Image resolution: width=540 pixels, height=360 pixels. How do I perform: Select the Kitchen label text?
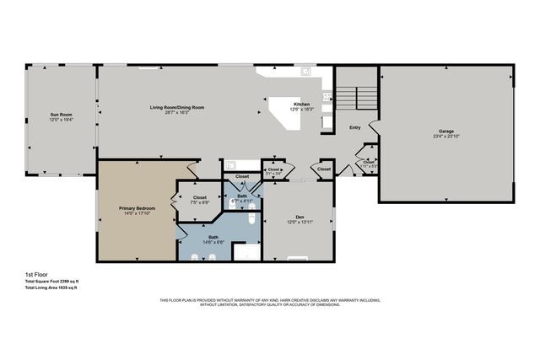(301, 104)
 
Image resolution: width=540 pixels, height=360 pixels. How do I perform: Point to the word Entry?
(355, 127)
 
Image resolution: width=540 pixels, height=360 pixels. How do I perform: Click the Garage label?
(445, 131)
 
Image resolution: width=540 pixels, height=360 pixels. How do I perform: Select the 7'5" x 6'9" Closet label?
(200, 197)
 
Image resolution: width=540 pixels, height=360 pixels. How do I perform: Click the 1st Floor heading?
(37, 275)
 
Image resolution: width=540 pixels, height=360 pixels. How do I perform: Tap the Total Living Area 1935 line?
(51, 288)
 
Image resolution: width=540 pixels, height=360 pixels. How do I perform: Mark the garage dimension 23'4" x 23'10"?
(445, 137)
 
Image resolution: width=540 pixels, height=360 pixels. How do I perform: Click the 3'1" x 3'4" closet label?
(274, 171)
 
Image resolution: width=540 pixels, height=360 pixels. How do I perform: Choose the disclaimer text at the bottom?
(270, 303)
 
